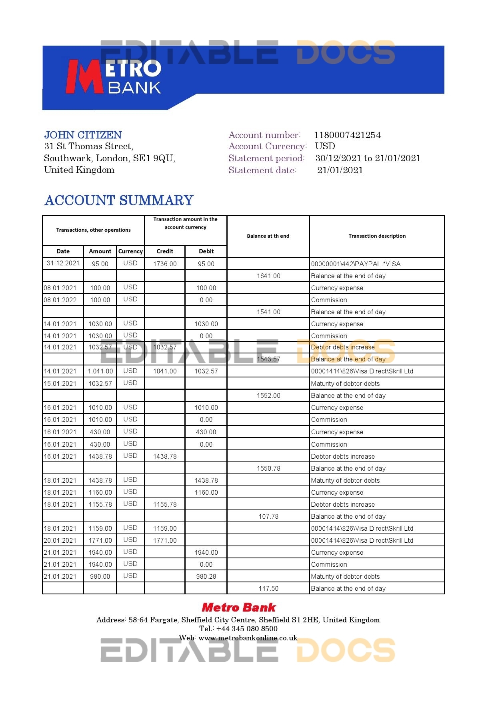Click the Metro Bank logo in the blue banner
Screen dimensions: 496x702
(114, 76)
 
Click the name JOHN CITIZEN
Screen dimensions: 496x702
(83, 135)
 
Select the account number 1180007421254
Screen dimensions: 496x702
(347, 135)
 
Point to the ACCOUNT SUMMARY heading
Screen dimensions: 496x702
(119, 200)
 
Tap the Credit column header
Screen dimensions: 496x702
(165, 251)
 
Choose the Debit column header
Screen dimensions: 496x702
(206, 251)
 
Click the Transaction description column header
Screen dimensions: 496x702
(377, 236)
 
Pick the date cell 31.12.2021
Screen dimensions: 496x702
(63, 263)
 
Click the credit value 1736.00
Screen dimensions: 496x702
(165, 264)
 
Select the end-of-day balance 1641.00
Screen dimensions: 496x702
(268, 276)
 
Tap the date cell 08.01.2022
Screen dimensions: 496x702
(60, 300)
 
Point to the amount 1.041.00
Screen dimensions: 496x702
(100, 371)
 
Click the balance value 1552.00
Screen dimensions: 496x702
(268, 396)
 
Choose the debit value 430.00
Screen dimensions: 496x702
(206, 432)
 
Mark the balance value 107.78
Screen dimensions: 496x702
(268, 517)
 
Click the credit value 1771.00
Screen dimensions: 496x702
(165, 541)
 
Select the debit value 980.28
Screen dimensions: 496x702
(206, 577)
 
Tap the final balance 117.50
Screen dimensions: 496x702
(268, 589)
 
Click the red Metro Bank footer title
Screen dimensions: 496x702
(239, 608)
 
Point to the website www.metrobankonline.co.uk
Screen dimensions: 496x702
(248, 638)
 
